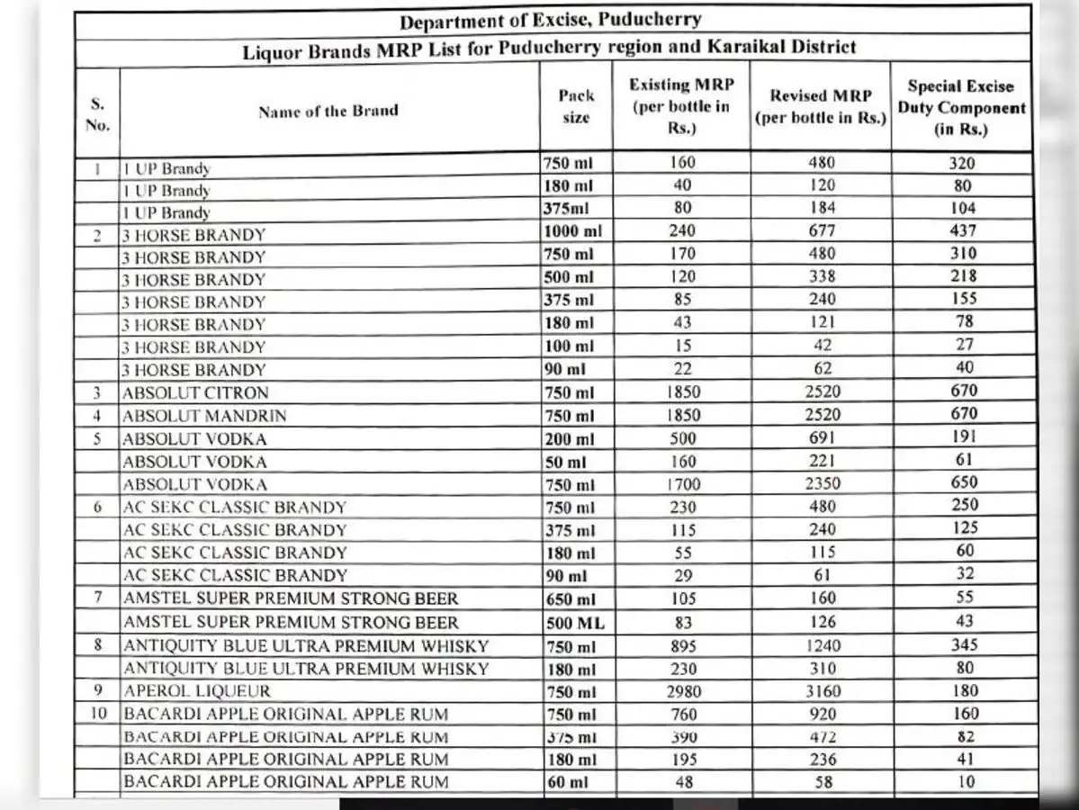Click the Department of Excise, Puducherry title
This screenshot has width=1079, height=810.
pyautogui.click(x=550, y=20)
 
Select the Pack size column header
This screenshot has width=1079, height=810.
pyautogui.click(x=576, y=106)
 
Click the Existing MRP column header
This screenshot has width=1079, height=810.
pyautogui.click(x=681, y=106)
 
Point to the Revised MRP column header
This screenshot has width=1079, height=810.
pyautogui.click(x=821, y=107)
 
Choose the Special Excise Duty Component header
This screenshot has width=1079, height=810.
pyautogui.click(x=961, y=108)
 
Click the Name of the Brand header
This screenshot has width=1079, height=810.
pyautogui.click(x=328, y=112)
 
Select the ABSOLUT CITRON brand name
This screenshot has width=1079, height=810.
pyautogui.click(x=195, y=393)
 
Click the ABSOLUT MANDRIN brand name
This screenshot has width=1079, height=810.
pyautogui.click(x=204, y=416)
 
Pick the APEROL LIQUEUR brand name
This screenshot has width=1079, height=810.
pyautogui.click(x=197, y=691)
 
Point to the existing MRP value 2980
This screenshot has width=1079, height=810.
pyautogui.click(x=684, y=691)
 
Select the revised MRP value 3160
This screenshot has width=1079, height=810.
pyautogui.click(x=822, y=691)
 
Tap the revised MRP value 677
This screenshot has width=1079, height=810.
pyautogui.click(x=822, y=231)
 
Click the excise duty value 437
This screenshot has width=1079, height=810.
pyautogui.click(x=963, y=230)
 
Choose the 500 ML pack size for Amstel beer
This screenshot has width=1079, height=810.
pyautogui.click(x=575, y=623)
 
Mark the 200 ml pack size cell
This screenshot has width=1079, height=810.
pyautogui.click(x=569, y=439)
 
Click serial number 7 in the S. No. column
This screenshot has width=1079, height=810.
pyautogui.click(x=97, y=598)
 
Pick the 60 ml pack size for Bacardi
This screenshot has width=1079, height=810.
pyautogui.click(x=567, y=782)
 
